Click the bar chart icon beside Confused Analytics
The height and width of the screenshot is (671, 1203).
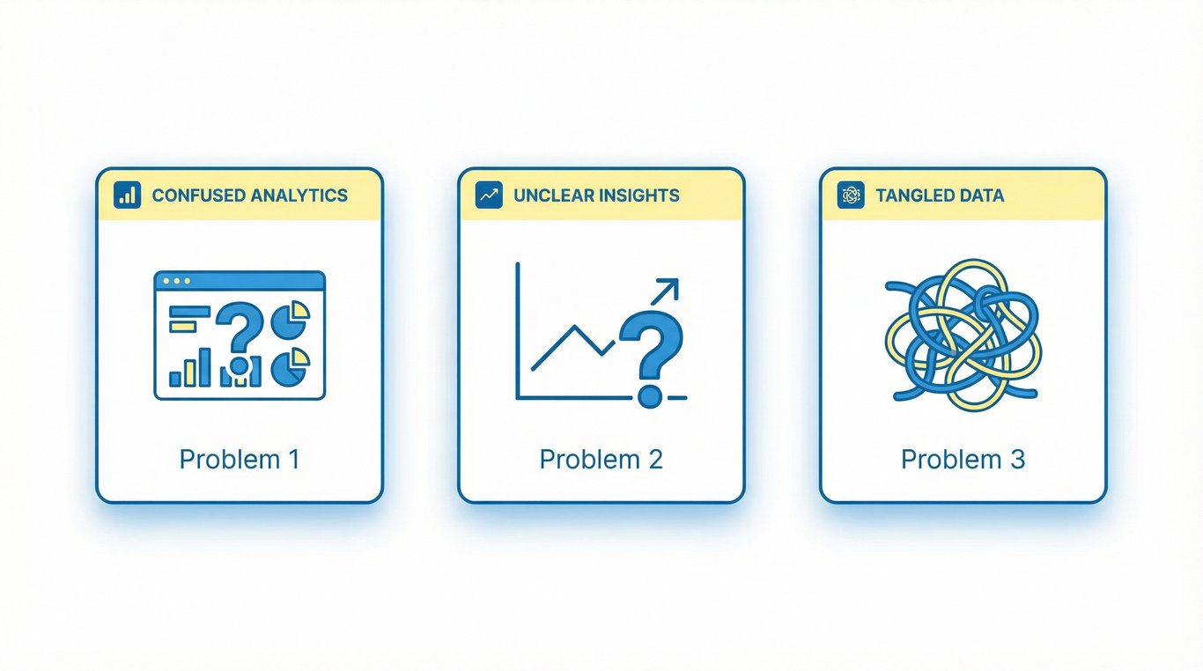point(128,195)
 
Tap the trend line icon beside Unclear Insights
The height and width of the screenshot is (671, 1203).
point(489,195)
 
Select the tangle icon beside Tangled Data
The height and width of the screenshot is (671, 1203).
point(851,195)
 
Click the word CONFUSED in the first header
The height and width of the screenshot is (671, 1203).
point(198,195)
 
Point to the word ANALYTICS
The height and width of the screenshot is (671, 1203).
point(299,195)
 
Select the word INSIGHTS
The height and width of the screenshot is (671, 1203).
point(638,195)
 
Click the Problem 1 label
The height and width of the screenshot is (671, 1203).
point(240,460)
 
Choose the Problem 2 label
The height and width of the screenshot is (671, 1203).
point(601,460)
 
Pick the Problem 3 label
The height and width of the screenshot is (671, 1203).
point(963,460)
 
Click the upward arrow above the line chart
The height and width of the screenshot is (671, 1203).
point(665,291)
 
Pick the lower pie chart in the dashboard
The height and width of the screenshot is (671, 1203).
point(291,366)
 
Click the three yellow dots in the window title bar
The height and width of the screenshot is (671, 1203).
point(176,281)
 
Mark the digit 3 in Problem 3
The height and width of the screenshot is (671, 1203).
point(1016,460)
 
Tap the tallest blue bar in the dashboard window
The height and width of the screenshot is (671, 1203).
point(204,367)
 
